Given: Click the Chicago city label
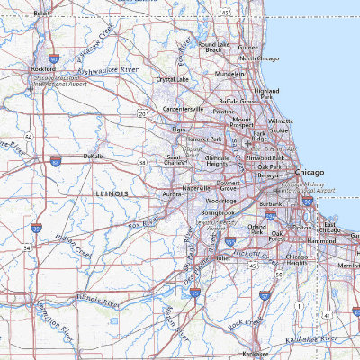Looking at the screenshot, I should (310, 170).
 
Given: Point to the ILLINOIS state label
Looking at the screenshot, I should (112, 193).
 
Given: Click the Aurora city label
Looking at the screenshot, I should (172, 194).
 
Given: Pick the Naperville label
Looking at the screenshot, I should (197, 188).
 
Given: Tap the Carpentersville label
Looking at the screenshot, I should (184, 110).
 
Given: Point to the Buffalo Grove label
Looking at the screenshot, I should (237, 102).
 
